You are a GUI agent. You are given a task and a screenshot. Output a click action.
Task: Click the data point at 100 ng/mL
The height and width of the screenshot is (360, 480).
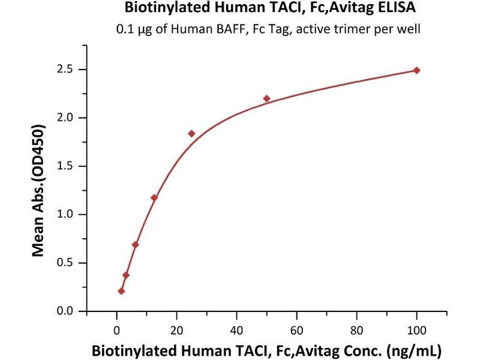[x=417, y=70]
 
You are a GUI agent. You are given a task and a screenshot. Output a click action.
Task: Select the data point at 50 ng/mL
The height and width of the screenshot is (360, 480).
[x=267, y=98]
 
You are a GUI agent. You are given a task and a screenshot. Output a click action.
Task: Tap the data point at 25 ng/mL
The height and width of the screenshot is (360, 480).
[x=191, y=133]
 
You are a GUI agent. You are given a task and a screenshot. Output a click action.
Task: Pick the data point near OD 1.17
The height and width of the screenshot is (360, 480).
[x=154, y=197]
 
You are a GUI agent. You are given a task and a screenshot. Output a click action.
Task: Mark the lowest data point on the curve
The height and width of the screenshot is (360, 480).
[x=121, y=291]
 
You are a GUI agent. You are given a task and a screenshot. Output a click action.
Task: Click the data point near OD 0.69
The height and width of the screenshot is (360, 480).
[x=136, y=245]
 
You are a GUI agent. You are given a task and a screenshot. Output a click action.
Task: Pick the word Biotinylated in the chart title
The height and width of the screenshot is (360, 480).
[x=158, y=9]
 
